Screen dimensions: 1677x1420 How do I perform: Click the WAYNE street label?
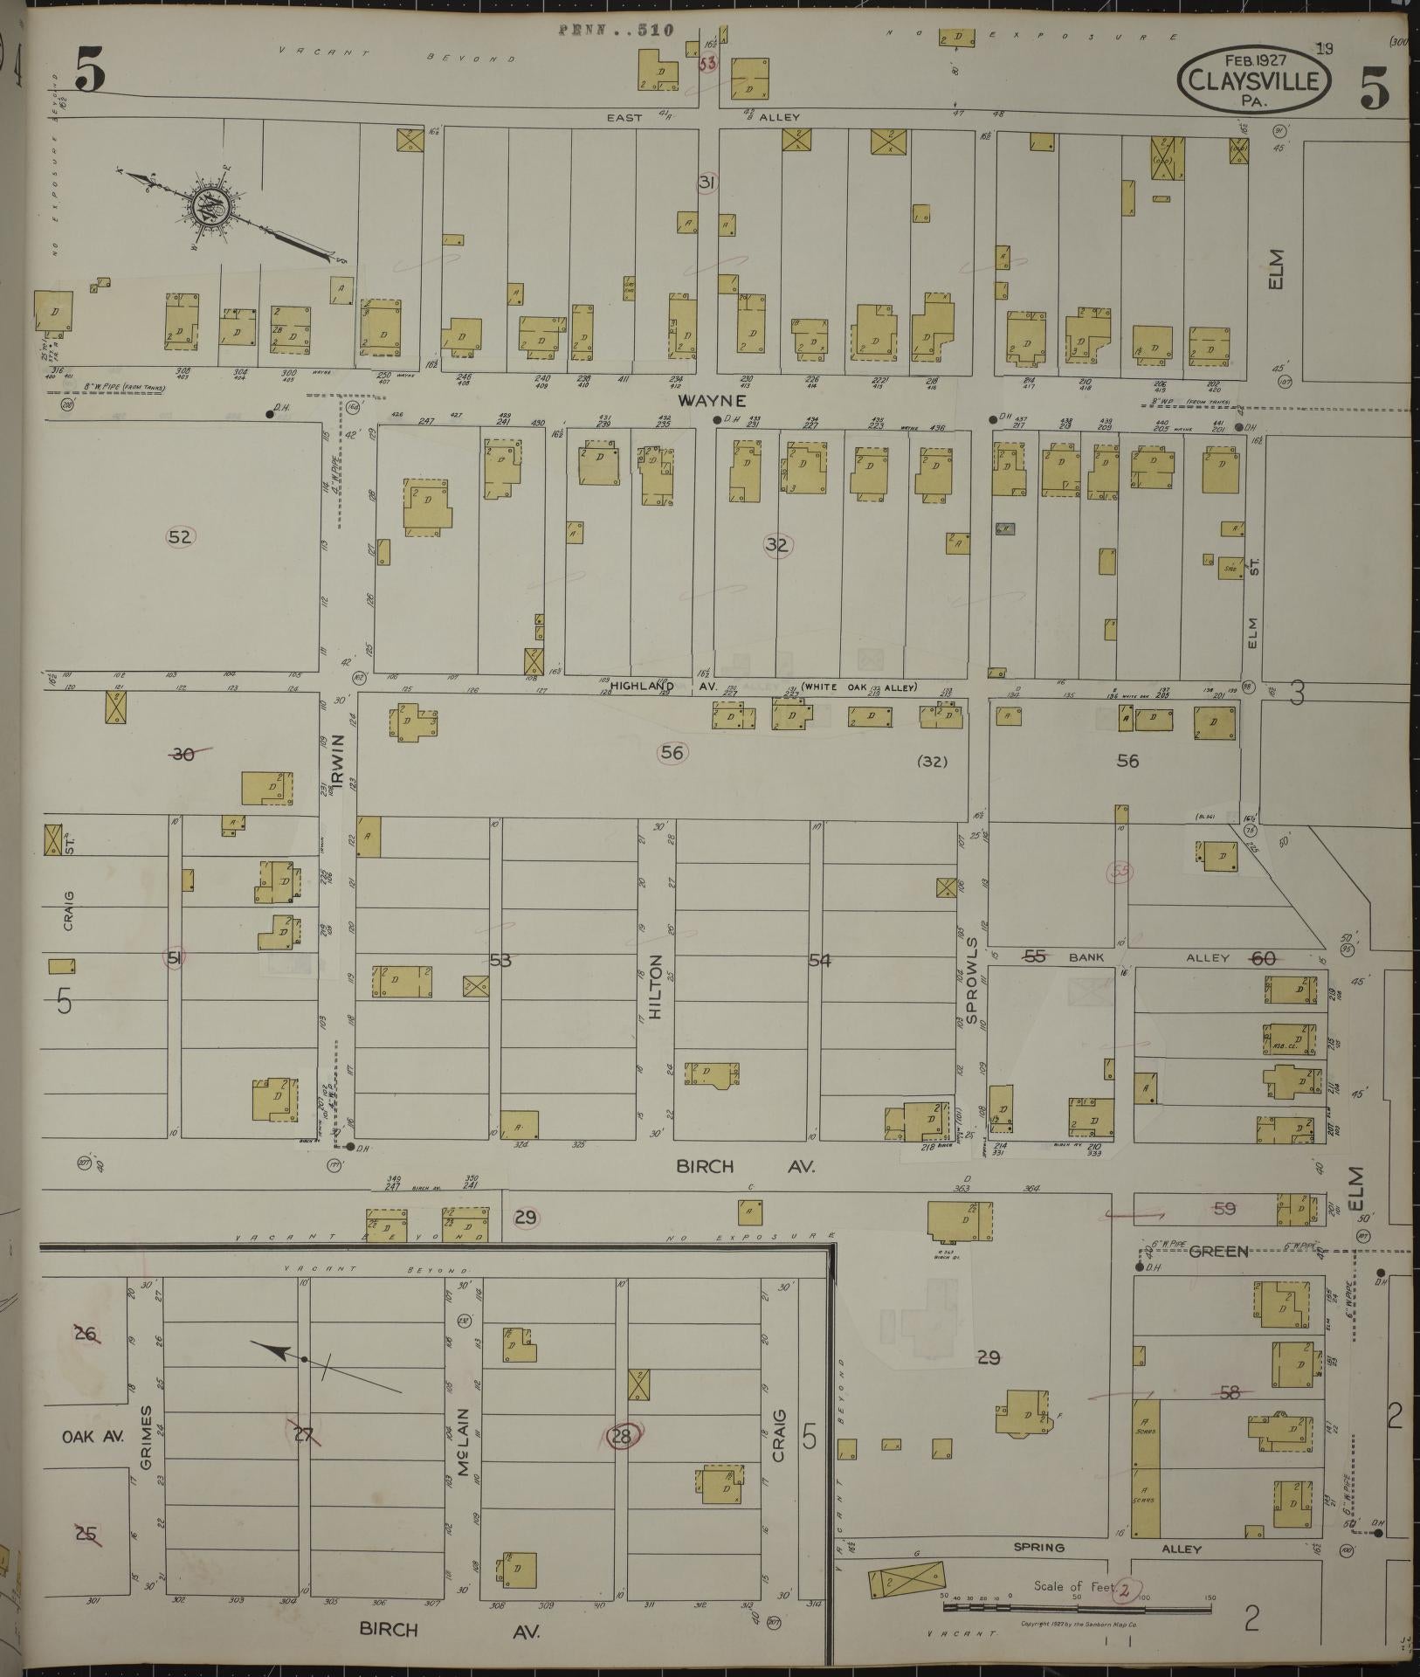tap(713, 401)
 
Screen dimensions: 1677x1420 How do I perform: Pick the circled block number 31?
tap(707, 183)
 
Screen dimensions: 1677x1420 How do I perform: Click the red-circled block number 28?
tap(622, 1434)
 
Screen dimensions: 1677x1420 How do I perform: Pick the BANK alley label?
tap(1086, 957)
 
